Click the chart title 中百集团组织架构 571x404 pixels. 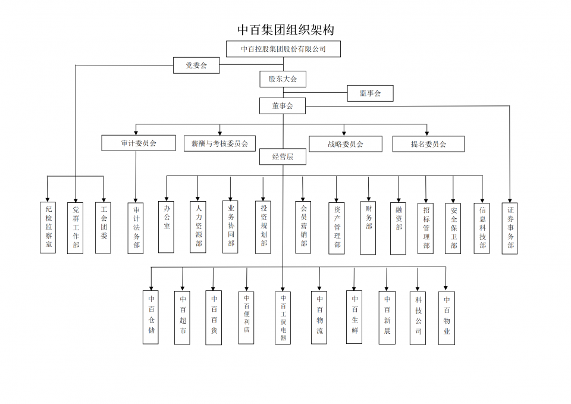point(285,30)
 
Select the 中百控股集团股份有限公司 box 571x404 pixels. point(283,49)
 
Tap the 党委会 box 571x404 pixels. point(196,65)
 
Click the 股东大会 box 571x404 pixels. point(283,79)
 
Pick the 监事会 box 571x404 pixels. point(370,93)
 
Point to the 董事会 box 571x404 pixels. point(283,106)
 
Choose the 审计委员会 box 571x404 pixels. point(139,143)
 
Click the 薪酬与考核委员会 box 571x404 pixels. point(219,143)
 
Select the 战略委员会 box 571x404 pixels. point(345,144)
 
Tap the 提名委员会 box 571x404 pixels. point(428,144)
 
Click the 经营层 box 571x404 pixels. point(283,157)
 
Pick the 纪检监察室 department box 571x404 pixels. point(48,227)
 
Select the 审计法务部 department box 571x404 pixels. point(136,228)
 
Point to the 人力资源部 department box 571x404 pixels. point(198,227)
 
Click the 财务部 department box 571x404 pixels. point(368,227)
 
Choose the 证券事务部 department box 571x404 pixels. point(510,228)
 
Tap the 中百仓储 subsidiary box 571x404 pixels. point(151,317)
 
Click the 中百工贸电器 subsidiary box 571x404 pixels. point(283,317)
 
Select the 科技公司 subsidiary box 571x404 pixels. point(418,317)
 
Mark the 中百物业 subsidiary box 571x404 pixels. point(446,317)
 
